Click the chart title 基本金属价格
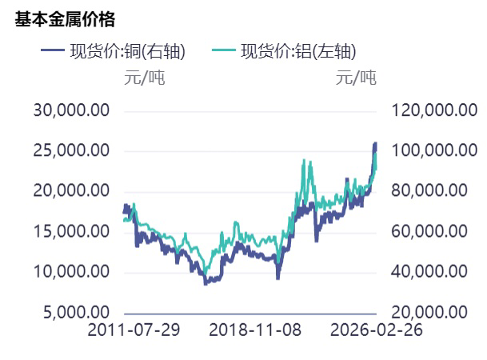tap(65, 20)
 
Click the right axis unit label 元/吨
tap(356, 78)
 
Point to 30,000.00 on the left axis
tap(71, 110)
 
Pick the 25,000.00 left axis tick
tap(71, 150)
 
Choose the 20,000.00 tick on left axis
tap(71, 190)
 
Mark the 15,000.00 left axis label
tap(71, 231)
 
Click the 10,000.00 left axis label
tap(71, 272)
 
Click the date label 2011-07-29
tap(134, 330)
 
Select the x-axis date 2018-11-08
tap(255, 330)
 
